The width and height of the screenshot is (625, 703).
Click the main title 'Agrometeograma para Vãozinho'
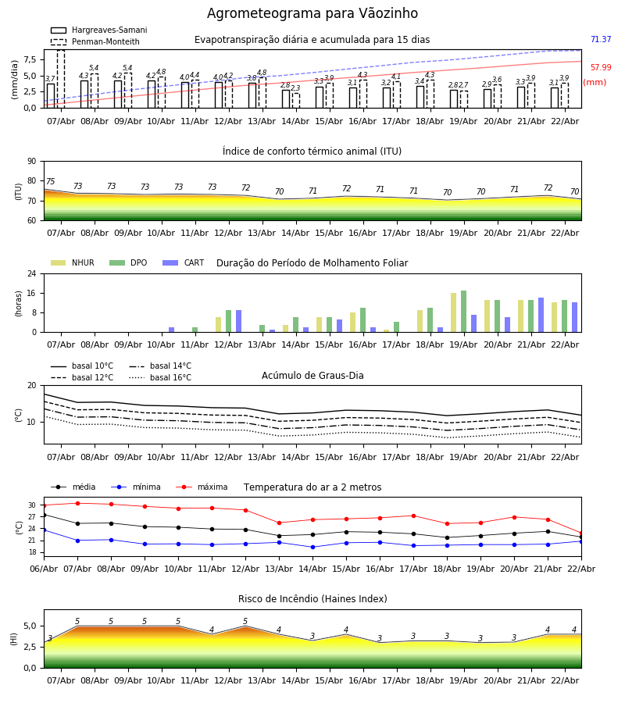[x=312, y=14]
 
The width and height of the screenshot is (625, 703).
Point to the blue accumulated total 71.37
[x=600, y=40]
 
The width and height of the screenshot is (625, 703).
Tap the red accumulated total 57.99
[x=600, y=68]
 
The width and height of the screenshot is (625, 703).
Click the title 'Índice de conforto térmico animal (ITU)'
[x=312, y=152]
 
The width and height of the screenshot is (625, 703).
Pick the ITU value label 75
[x=50, y=182]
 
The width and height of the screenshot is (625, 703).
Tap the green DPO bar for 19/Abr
[x=463, y=311]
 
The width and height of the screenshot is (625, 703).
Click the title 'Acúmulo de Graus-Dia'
[x=312, y=376]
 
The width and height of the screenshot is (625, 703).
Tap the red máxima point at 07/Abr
[x=77, y=503]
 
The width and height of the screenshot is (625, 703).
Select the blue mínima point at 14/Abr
[x=312, y=547]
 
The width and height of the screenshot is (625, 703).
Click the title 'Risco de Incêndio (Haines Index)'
[x=312, y=599]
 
